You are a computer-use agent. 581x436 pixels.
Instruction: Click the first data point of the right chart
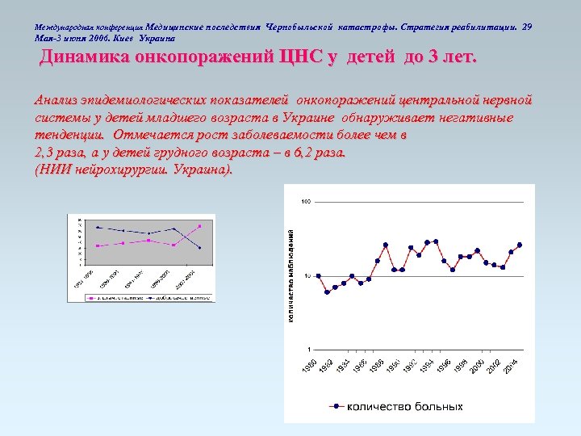(x=318, y=276)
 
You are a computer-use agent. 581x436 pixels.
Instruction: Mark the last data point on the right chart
(x=520, y=245)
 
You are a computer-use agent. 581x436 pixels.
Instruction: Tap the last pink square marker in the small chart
(x=199, y=226)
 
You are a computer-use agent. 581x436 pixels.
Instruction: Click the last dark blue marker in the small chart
(x=199, y=248)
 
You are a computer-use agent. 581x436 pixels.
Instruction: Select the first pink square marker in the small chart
(x=97, y=246)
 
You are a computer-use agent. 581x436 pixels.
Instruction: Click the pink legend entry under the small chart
(x=117, y=297)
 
